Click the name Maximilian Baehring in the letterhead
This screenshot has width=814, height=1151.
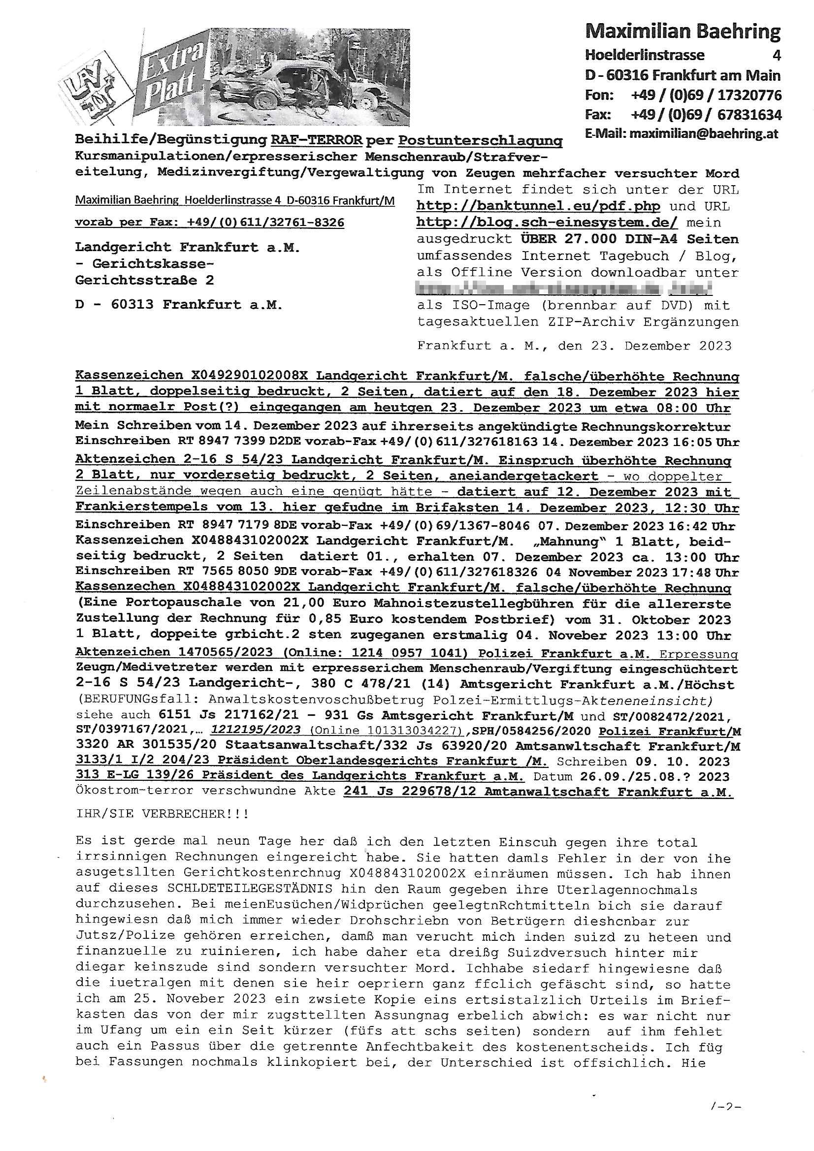pyautogui.click(x=683, y=32)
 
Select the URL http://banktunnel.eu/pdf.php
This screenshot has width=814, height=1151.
pyautogui.click(x=538, y=206)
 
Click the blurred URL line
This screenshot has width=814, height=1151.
pyautogui.click(x=564, y=289)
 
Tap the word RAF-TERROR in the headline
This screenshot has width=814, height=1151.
pyautogui.click(x=317, y=140)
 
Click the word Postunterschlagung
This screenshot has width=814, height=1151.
pyautogui.click(x=480, y=141)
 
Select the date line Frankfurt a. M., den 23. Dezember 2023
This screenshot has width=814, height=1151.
pyautogui.click(x=574, y=346)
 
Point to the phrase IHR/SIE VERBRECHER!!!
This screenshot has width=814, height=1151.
pyautogui.click(x=162, y=813)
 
